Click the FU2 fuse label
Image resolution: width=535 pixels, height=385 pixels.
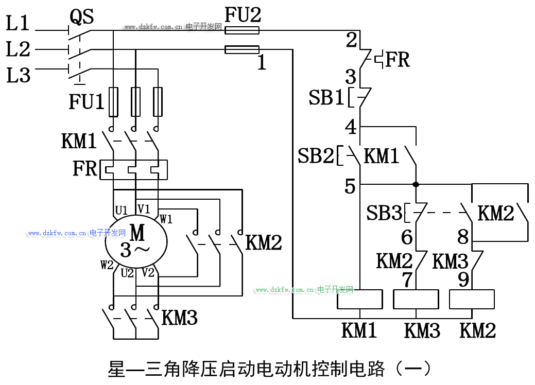[243, 15]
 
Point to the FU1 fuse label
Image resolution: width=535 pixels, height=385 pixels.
[87, 101]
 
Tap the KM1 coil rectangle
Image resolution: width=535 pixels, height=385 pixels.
[359, 299]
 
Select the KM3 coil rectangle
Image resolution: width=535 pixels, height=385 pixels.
[416, 299]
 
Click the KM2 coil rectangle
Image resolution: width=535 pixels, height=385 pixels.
[472, 299]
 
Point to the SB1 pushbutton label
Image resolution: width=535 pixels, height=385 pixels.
[326, 98]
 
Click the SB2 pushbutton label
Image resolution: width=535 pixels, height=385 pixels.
[316, 156]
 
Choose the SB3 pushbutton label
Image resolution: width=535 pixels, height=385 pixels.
[384, 213]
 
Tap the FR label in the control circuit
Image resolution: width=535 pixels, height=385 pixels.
[398, 60]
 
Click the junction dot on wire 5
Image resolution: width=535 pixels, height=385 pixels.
[416, 184]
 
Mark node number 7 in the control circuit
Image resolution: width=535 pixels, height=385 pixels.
[407, 279]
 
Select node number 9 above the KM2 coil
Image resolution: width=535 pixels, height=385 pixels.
[463, 279]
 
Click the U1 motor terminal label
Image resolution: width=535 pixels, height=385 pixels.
[122, 210]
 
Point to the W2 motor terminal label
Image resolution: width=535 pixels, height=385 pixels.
[107, 266]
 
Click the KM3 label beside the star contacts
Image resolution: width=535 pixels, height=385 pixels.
[179, 318]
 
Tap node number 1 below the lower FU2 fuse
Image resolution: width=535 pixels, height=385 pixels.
[262, 63]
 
